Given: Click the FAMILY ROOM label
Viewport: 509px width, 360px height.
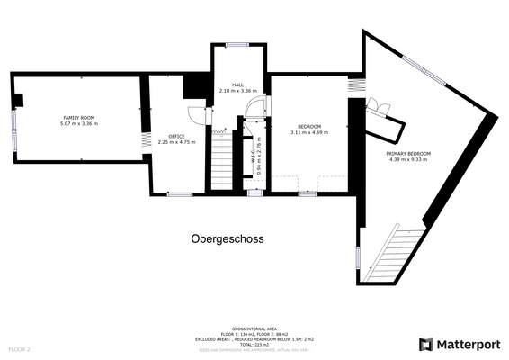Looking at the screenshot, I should [79, 118].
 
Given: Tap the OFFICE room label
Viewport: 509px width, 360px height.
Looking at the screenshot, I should [176, 136].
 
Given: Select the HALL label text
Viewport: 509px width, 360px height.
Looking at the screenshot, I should [237, 85].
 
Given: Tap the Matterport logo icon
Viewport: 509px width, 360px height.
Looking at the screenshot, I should [426, 345].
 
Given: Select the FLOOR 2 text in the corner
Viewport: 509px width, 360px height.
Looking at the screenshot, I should [20, 348].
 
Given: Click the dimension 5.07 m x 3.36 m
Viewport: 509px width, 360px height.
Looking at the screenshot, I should [79, 124].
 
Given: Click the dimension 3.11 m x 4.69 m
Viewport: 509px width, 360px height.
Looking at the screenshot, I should [309, 133].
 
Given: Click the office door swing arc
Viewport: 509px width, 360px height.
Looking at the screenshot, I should [196, 114].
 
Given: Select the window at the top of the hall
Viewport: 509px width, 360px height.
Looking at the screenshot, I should [237, 44].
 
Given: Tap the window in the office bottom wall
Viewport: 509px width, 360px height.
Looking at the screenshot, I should [179, 193].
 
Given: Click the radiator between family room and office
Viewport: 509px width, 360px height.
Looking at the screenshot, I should [144, 141].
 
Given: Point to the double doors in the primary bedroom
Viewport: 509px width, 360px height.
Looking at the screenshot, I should [380, 112].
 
